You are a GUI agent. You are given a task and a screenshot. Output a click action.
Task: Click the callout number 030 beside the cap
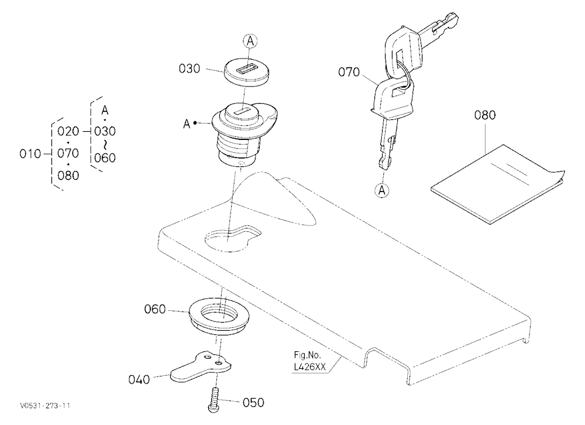click(190, 68)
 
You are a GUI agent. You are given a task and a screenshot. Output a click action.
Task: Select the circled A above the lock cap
click(250, 41)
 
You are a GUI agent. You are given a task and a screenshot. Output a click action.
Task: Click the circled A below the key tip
click(381, 190)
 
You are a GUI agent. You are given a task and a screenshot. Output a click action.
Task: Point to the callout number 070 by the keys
click(349, 71)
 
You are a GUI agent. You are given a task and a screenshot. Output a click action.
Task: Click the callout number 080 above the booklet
click(485, 115)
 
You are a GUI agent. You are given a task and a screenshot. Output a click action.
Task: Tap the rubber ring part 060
click(219, 314)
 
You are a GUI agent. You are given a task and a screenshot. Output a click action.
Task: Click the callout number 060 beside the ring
click(155, 309)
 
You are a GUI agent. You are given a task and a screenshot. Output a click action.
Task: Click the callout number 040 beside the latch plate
click(139, 379)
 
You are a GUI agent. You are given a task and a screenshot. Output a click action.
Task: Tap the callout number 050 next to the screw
click(253, 403)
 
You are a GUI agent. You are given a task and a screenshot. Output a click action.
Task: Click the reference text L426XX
click(310, 367)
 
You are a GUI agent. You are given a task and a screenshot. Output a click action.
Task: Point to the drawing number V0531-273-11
click(46, 406)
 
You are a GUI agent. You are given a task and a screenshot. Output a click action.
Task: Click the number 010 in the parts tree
click(30, 154)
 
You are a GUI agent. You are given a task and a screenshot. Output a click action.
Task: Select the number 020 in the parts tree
click(68, 132)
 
